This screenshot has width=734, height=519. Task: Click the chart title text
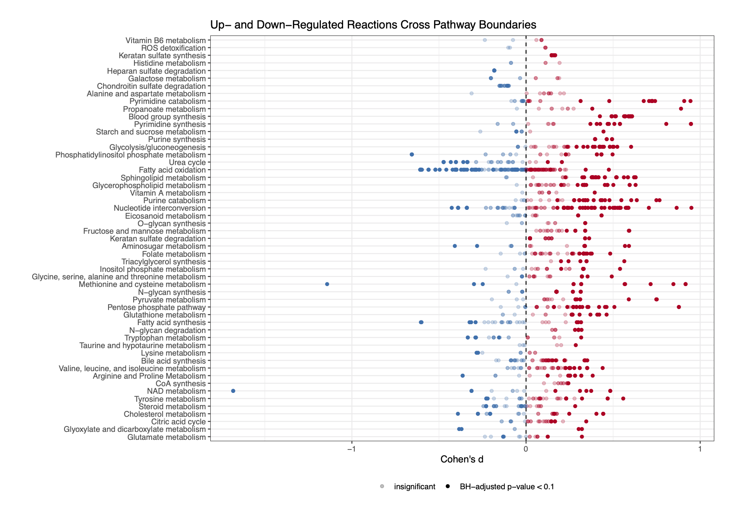pos(373,25)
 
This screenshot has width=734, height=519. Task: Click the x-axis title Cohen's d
pos(462,460)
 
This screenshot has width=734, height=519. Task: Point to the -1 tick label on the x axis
pos(351,449)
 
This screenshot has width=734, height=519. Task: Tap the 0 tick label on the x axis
pos(526,449)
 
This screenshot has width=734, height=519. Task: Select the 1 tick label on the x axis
pos(700,449)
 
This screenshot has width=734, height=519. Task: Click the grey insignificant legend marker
pos(382,486)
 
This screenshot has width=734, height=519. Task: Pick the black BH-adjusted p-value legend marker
pos(448,486)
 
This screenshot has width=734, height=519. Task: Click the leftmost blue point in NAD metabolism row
pos(233,391)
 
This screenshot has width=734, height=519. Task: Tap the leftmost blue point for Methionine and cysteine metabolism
pos(327,284)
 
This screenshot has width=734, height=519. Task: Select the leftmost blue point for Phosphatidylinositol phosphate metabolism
pos(412,155)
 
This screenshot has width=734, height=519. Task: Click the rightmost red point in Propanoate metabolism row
pos(681,109)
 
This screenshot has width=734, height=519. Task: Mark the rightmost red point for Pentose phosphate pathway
pos(679,307)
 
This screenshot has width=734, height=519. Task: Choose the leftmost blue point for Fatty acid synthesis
pos(421,322)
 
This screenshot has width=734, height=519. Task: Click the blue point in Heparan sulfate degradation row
pos(494,70)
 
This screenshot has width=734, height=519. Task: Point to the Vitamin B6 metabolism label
pos(165,41)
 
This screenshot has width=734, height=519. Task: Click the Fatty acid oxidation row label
pos(172,170)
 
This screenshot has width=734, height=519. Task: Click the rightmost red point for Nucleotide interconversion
pos(691,208)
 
